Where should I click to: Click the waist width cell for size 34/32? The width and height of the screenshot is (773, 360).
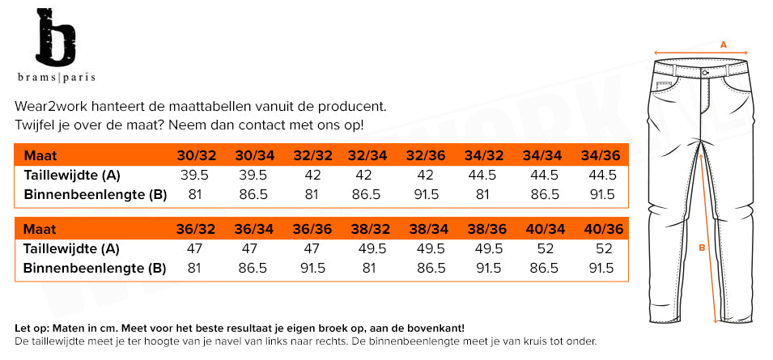tap(484, 175)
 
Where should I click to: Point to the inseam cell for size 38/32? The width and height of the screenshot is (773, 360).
tap(369, 268)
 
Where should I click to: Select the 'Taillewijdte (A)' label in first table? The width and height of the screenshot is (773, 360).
tap(72, 175)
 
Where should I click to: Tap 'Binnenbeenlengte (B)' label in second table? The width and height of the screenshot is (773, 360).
tap(96, 268)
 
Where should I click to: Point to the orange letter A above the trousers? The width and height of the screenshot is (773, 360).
tap(724, 45)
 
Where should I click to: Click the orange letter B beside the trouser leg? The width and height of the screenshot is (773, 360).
tap(702, 248)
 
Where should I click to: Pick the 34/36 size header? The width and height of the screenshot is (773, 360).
tap(600, 155)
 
